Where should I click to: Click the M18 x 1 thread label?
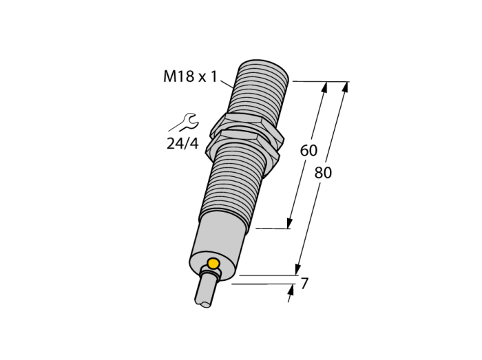pos(190,76)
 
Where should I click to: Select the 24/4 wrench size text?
pos(182,143)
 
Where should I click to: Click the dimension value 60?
pos(308,151)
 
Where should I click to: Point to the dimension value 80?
pos(323,173)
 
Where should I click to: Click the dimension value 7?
pos(304,283)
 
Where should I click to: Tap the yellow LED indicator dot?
pos(213,264)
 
